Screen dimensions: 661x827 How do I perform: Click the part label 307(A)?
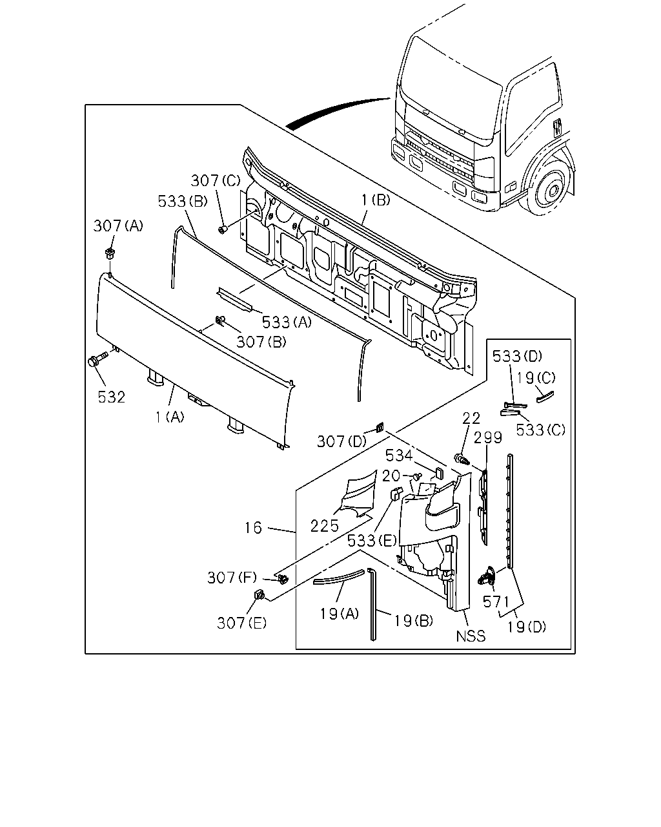(x=118, y=225)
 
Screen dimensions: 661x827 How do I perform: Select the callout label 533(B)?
(x=183, y=201)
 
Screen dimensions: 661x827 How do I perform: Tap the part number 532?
(x=112, y=397)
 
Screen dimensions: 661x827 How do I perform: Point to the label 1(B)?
(x=375, y=200)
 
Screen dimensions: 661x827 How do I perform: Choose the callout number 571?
(x=496, y=602)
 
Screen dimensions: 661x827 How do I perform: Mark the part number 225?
(x=325, y=526)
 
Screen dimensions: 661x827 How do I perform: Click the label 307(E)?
(x=241, y=623)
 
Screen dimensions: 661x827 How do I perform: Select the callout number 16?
(x=254, y=528)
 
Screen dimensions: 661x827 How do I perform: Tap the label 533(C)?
(x=540, y=430)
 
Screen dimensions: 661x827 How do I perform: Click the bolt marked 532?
(x=97, y=359)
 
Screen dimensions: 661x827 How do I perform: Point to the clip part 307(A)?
(x=110, y=254)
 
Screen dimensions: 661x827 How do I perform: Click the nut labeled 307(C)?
(x=223, y=230)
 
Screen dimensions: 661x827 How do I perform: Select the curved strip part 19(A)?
(x=338, y=576)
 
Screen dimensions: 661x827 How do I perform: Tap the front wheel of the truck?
(x=550, y=189)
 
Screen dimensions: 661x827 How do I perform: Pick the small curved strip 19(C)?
(x=545, y=397)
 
